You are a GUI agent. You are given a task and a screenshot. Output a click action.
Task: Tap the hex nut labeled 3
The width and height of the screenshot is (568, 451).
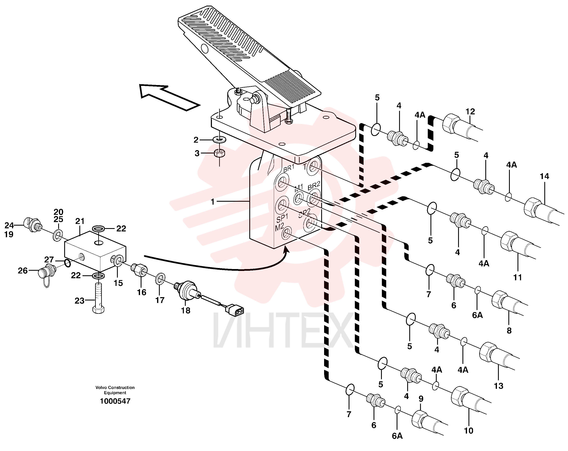[x=219, y=153]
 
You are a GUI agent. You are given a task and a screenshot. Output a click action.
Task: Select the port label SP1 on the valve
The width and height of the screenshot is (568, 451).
[x=282, y=218]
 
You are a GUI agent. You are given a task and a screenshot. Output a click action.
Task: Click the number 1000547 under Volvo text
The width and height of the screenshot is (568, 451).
[x=115, y=401]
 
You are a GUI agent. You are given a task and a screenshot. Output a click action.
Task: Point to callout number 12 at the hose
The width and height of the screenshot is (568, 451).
[x=470, y=112]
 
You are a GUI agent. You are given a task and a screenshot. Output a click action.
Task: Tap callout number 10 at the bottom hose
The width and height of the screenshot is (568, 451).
[x=468, y=431]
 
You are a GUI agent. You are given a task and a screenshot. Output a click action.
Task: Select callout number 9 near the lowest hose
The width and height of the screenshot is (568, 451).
[x=421, y=399]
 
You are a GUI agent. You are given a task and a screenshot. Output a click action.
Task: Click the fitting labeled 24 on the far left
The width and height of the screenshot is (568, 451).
[x=33, y=225]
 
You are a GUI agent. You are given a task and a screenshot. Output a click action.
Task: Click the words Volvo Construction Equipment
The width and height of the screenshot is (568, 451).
[x=115, y=390]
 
